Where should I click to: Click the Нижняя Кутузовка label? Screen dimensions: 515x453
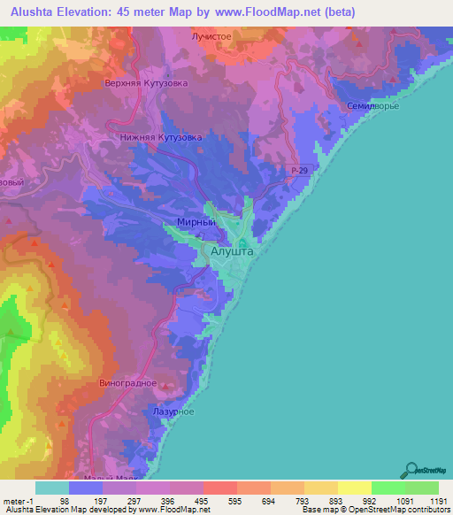(x=161, y=138)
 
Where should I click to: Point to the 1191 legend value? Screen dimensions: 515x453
(x=427, y=502)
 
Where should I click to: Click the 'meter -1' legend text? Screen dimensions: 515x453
(x=19, y=502)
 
